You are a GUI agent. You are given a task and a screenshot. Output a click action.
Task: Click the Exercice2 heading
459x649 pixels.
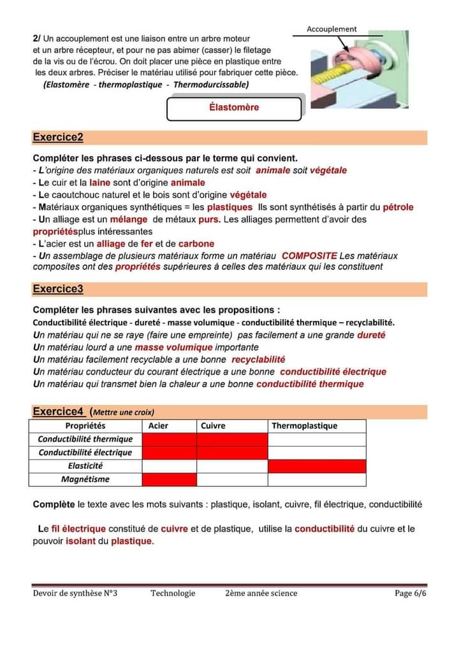point(58,138)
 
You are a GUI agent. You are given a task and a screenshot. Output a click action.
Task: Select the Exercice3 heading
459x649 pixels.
point(58,289)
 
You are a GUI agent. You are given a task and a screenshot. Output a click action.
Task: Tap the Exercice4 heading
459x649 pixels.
point(58,411)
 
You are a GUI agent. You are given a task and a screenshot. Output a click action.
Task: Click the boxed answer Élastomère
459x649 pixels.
point(234,108)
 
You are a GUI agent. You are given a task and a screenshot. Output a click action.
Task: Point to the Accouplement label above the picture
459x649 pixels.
point(331,29)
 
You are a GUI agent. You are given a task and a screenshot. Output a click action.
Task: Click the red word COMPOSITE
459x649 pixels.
point(309,255)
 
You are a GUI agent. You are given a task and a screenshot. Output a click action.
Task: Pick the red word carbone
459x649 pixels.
point(196,243)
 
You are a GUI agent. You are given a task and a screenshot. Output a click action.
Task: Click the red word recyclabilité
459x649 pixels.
point(258,359)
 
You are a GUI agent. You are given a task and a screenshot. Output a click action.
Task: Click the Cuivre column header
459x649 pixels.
point(213,425)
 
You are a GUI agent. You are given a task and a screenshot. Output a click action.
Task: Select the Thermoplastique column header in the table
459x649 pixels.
point(305,425)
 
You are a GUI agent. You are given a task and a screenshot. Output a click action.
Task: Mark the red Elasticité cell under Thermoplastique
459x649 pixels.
point(317,466)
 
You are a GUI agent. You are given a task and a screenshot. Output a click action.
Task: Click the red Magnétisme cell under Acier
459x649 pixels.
point(169,479)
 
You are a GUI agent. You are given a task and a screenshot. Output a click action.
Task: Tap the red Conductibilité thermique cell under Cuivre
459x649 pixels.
point(232,439)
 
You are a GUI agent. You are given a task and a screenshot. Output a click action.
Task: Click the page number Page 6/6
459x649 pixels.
point(410,593)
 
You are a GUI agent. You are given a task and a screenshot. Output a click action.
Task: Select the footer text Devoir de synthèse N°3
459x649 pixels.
point(75,593)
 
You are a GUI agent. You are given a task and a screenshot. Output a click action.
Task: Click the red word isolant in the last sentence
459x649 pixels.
point(80,541)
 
